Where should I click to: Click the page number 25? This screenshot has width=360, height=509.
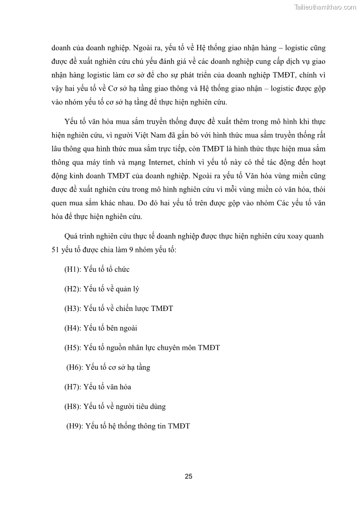[189, 476]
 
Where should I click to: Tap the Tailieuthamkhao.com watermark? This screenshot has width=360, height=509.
[326, 7]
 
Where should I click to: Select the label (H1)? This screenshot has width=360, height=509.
[73, 269]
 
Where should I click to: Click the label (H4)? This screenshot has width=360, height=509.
[73, 328]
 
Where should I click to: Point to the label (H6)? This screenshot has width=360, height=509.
[75, 367]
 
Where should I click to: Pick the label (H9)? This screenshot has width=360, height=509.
[75, 426]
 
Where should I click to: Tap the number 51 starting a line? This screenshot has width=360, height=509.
[56, 249]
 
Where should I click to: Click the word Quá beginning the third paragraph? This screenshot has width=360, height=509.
[73, 236]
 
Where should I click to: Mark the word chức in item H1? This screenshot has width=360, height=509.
[122, 269]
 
